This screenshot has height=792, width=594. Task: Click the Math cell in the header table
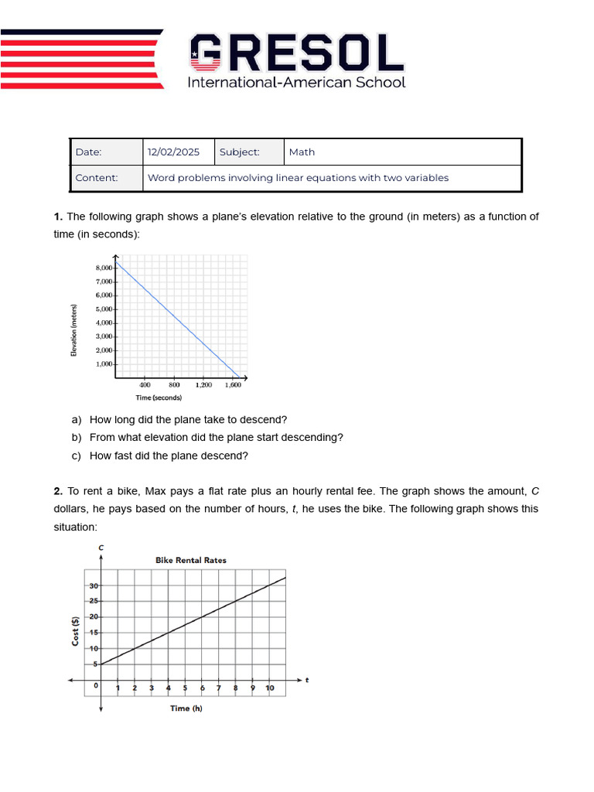302,152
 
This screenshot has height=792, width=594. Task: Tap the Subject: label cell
239,152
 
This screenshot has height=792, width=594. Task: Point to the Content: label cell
97,178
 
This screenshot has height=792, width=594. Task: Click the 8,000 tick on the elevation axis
104,268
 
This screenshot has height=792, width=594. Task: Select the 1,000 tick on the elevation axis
104,364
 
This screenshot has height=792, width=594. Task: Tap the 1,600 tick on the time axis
232,384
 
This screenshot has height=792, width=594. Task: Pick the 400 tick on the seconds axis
145,384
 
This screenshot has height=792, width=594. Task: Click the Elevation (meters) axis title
74,330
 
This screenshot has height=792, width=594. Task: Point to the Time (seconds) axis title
159,398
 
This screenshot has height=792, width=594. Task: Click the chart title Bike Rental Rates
191,560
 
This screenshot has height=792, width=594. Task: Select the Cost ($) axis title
76,630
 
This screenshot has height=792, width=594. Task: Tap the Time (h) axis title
186,708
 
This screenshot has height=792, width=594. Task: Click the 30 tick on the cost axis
94,585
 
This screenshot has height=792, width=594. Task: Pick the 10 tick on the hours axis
270,688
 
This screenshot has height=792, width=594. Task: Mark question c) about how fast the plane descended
169,456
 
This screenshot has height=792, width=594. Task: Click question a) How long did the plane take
188,419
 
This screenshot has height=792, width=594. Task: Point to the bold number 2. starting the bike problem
58,491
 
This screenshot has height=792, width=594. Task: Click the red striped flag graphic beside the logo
81,59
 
